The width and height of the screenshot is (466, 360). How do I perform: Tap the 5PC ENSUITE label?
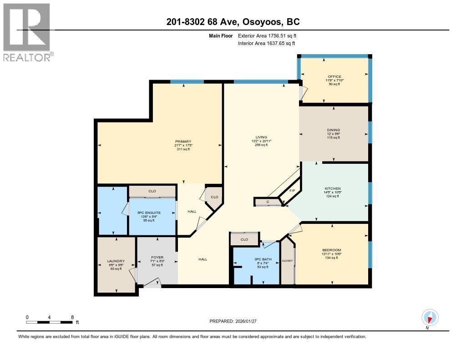pyautogui.click(x=152, y=212)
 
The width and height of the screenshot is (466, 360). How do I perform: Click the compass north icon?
pyautogui.click(x=429, y=317)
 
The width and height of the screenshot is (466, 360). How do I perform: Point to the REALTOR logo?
pyautogui.click(x=27, y=32)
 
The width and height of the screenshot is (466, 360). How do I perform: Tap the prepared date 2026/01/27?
pyautogui.click(x=236, y=321)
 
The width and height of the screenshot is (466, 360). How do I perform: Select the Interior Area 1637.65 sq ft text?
pyautogui.click(x=267, y=44)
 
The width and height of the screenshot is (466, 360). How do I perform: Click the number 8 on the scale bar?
pyautogui.click(x=72, y=317)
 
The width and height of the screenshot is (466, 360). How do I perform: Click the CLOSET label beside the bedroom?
pyautogui.click(x=287, y=261)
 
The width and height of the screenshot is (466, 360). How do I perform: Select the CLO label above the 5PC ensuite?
pyautogui.click(x=152, y=192)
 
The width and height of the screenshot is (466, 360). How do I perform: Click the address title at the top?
pyautogui.click(x=233, y=21)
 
